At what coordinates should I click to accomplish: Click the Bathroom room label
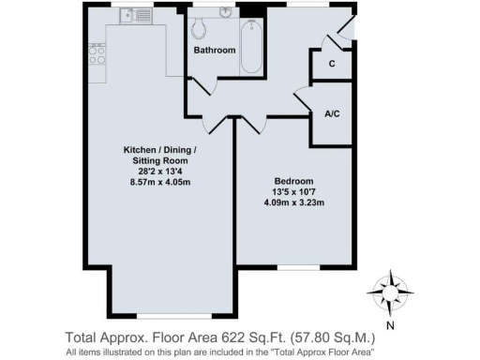click(214, 49)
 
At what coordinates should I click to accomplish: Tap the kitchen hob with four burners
click(96, 55)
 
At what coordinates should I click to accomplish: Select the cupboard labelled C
click(332, 63)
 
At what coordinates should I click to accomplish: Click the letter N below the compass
click(391, 325)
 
